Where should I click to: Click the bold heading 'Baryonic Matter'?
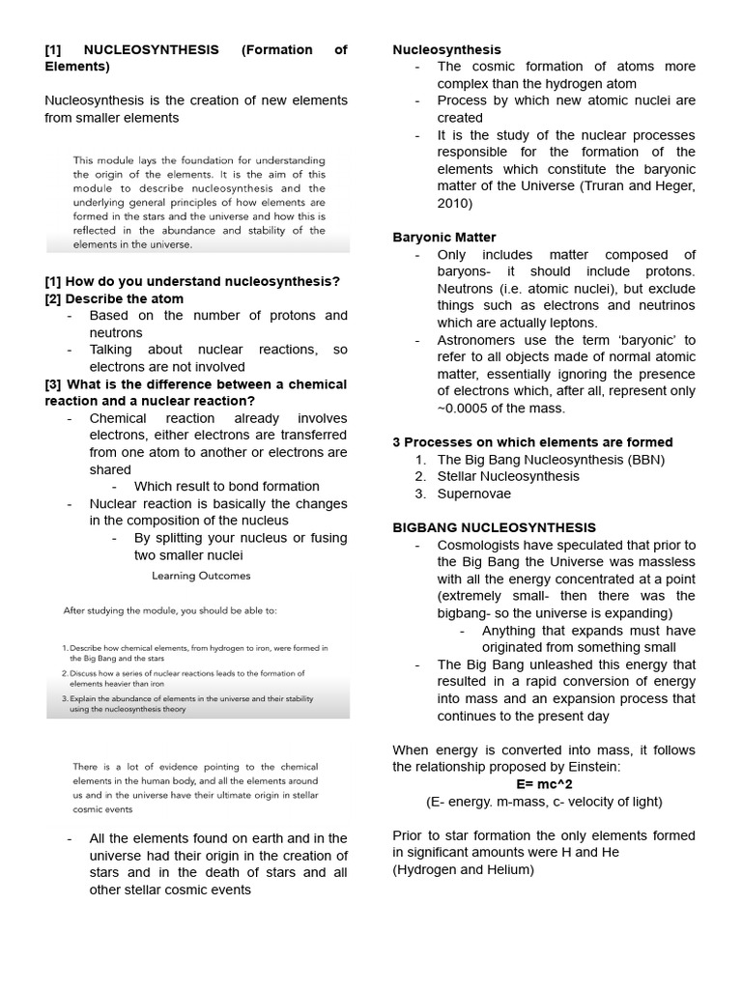[444, 237]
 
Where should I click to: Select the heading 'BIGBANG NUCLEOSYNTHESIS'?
[494, 527]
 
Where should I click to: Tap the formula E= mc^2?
[544, 783]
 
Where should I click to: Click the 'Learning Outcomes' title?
[201, 576]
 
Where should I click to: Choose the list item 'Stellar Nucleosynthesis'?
[508, 476]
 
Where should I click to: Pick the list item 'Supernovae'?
[474, 494]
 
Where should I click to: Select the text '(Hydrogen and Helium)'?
[463, 869]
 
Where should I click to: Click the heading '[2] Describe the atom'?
[114, 298]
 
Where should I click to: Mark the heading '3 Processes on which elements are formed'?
[532, 441]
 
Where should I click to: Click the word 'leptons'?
[567, 323]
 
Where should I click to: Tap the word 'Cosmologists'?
[482, 545]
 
